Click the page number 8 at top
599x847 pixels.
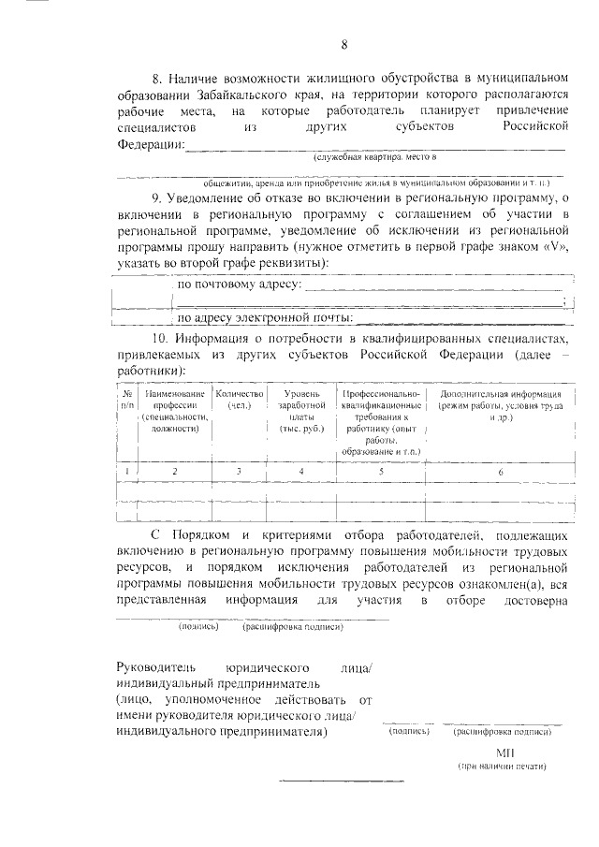coord(344,45)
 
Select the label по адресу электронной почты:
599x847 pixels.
coord(264,318)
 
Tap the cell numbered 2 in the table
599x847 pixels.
coord(175,472)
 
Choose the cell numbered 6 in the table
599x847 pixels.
coord(500,472)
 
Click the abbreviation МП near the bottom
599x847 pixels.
coord(505,752)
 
